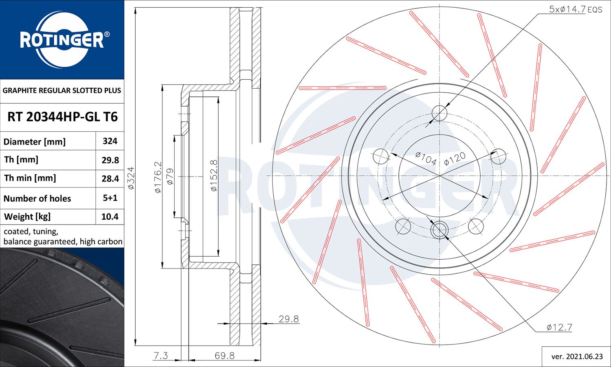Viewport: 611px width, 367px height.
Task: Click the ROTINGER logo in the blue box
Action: click(x=62, y=39)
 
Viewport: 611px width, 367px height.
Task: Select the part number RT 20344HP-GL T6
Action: click(x=62, y=117)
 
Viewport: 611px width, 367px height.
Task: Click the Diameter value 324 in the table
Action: click(x=110, y=141)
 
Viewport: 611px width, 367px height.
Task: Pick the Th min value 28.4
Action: click(x=110, y=178)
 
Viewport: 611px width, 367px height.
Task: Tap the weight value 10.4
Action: click(x=110, y=216)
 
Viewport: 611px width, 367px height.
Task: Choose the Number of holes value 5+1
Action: click(x=110, y=198)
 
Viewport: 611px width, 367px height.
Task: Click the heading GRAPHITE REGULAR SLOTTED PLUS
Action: click(x=62, y=90)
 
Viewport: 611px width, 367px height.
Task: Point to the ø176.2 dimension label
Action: click(x=158, y=177)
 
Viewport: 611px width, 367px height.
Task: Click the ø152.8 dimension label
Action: click(x=214, y=176)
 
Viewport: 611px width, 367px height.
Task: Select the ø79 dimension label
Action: click(x=170, y=177)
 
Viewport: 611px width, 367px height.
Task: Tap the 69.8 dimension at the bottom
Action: click(x=224, y=356)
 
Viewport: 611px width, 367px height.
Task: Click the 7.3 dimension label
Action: click(x=160, y=356)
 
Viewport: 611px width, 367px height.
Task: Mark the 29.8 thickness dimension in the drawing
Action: click(x=288, y=319)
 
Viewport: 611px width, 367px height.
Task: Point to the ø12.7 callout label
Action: click(x=559, y=327)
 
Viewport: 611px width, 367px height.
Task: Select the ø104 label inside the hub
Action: click(x=426, y=158)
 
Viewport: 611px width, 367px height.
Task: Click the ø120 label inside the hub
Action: click(x=455, y=159)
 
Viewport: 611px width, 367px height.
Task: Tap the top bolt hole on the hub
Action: click(x=439, y=113)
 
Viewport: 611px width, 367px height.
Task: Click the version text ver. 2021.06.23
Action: click(x=577, y=356)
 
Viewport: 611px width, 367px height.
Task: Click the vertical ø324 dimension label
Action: click(x=131, y=178)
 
